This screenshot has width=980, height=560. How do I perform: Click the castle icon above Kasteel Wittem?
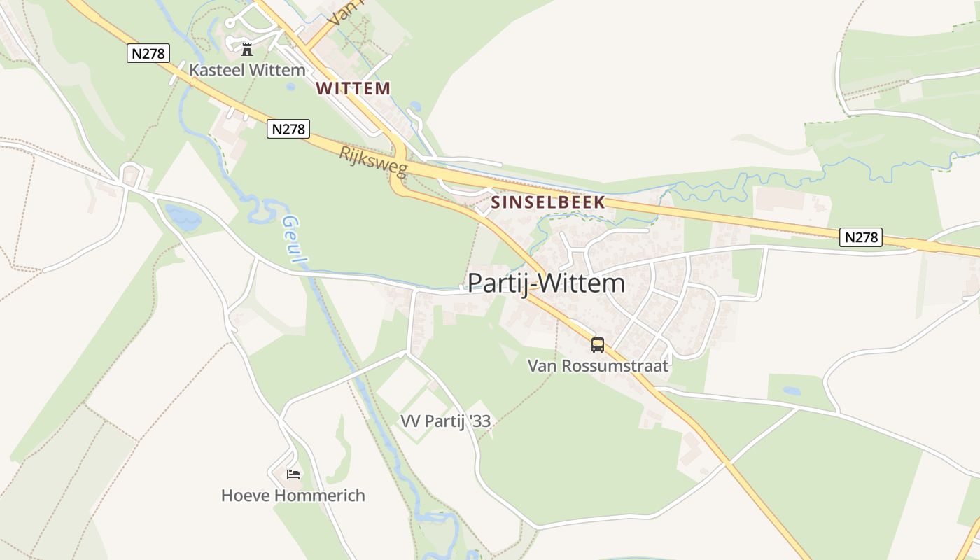[246, 49]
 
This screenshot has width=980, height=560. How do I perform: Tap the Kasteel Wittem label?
[247, 70]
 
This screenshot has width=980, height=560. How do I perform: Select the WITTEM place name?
[353, 88]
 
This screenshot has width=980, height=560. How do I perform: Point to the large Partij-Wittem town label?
[546, 283]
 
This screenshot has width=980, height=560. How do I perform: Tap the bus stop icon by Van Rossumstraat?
[597, 344]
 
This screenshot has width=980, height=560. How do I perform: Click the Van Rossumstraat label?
[598, 365]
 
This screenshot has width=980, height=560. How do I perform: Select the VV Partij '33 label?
[445, 421]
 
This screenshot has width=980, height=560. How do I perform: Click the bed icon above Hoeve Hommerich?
[293, 475]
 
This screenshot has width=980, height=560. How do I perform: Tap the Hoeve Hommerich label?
[293, 496]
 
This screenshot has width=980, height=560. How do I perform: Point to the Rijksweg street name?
[373, 162]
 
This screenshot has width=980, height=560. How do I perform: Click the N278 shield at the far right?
[860, 237]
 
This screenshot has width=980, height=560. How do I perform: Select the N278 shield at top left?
[148, 53]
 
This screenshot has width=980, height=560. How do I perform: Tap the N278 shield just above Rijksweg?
[288, 129]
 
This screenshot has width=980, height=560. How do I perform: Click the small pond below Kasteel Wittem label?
[290, 87]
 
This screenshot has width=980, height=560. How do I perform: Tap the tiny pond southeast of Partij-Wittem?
[792, 391]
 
